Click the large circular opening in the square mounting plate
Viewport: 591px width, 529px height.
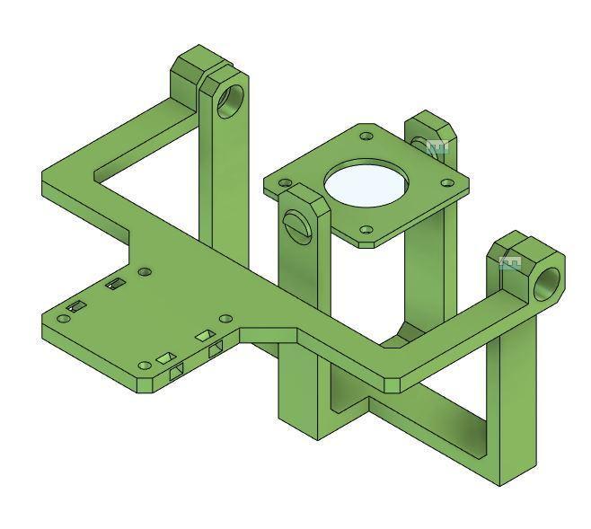pyautogui.click(x=366, y=184)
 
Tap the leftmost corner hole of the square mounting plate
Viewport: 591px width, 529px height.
pyautogui.click(x=286, y=182)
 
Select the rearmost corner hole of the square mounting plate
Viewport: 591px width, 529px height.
pyautogui.click(x=366, y=137)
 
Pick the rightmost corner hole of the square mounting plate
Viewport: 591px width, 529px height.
pyautogui.click(x=446, y=182)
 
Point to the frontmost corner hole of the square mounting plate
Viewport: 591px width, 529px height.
pyautogui.click(x=365, y=230)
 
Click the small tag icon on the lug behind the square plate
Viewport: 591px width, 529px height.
pyautogui.click(x=437, y=146)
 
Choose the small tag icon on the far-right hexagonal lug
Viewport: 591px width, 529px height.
pyautogui.click(x=510, y=262)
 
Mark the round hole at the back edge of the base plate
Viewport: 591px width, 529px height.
pyautogui.click(x=146, y=271)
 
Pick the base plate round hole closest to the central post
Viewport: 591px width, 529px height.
pyautogui.click(x=225, y=318)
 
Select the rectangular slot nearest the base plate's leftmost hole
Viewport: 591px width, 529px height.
pyautogui.click(x=78, y=306)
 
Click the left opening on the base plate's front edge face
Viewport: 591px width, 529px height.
pyautogui.click(x=176, y=369)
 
